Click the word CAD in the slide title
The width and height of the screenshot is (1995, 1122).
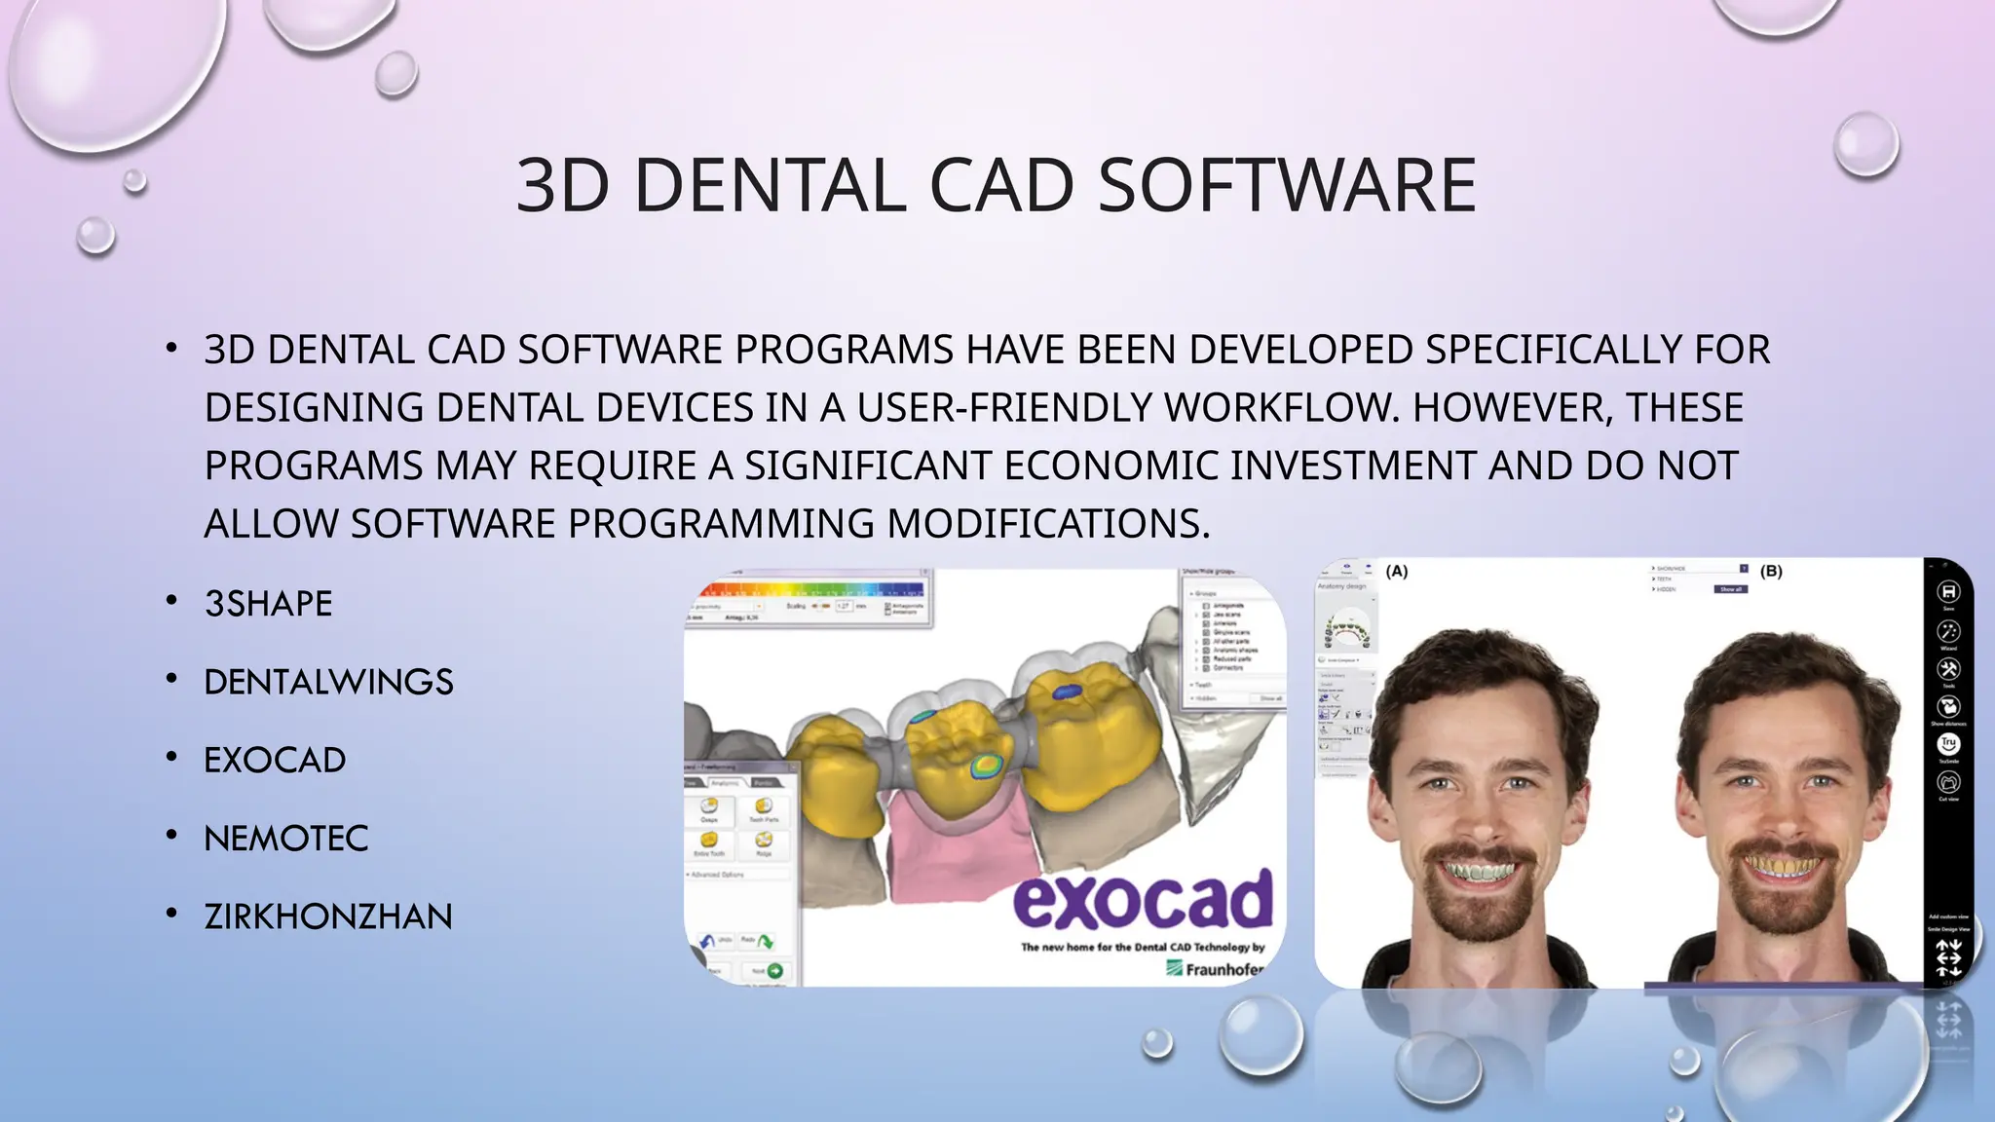tap(1001, 185)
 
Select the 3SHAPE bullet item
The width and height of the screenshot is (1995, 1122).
tap(268, 604)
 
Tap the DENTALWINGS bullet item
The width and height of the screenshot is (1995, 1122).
tap(328, 682)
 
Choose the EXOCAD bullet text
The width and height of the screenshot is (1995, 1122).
tap(275, 760)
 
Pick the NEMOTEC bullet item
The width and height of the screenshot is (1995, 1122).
tap(285, 838)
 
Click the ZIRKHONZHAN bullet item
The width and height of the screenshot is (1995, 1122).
tap(328, 916)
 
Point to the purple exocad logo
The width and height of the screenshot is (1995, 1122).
tap(1143, 900)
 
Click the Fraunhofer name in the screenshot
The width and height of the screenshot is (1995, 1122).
tap(1223, 969)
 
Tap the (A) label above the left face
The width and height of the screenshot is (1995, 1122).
tap(1397, 572)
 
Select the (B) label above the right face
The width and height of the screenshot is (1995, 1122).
tap(1771, 572)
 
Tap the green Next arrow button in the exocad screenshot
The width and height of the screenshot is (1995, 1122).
tap(774, 971)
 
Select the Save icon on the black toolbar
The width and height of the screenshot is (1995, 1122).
tap(1948, 592)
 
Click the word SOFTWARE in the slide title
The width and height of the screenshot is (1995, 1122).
tap(1287, 185)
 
